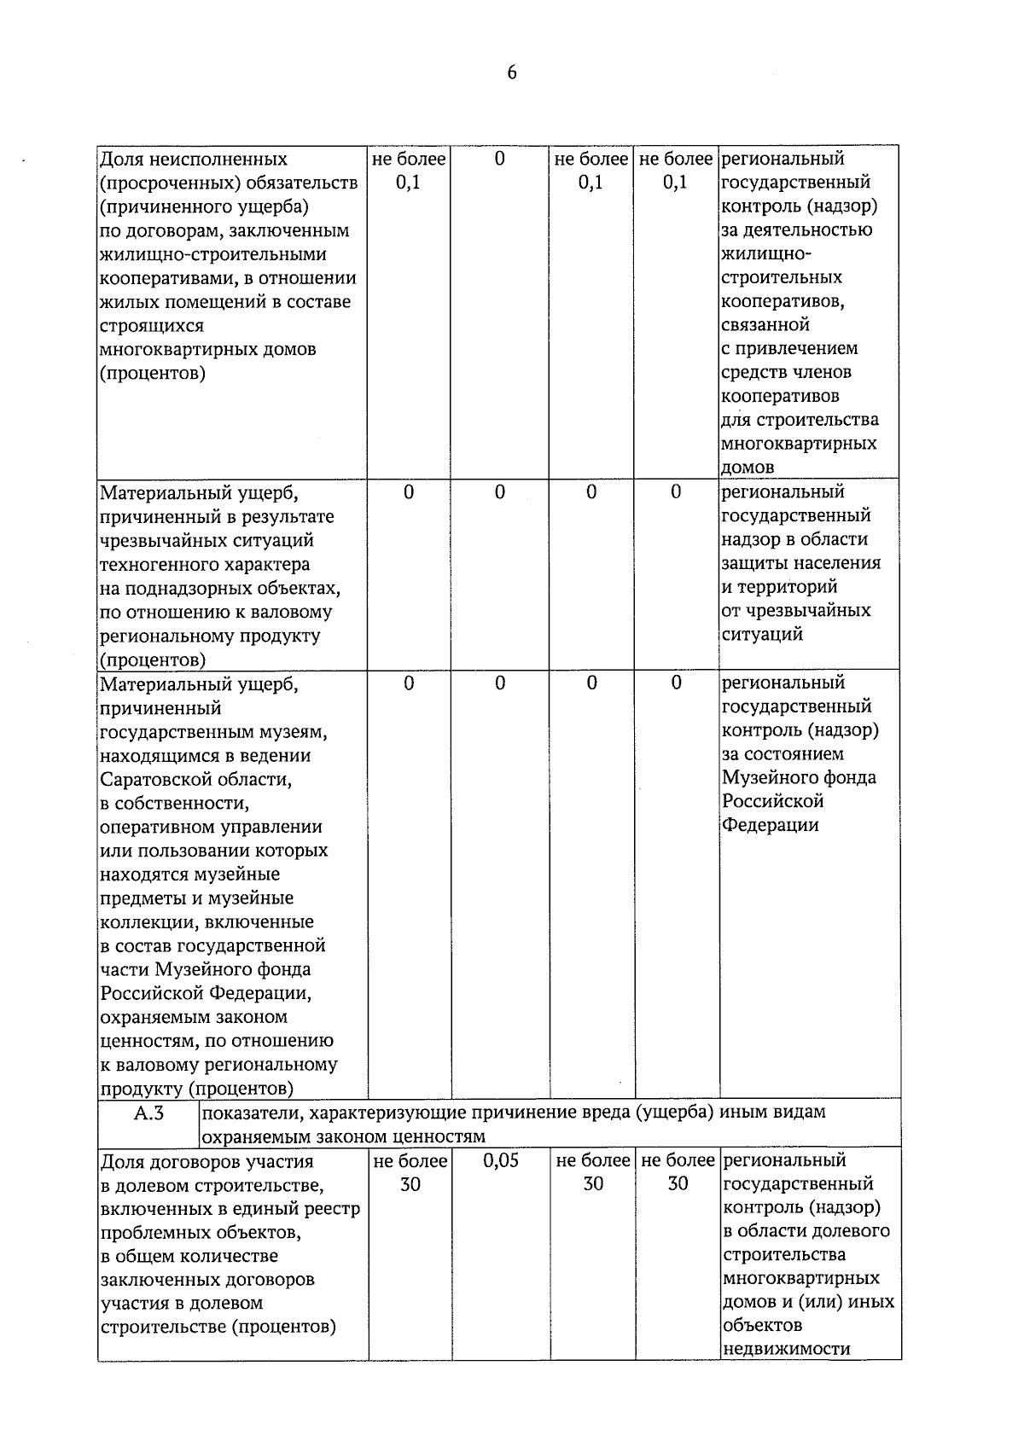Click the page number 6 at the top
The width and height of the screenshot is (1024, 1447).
511,73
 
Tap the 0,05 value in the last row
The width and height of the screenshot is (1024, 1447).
500,1161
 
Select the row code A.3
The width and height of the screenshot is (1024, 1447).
148,1113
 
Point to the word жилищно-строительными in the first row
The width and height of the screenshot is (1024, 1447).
213,254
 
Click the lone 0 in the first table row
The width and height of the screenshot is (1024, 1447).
499,159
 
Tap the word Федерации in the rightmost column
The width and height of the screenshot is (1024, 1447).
770,825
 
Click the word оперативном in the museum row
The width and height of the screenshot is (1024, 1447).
158,827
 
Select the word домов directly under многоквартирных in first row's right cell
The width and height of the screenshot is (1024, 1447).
748,467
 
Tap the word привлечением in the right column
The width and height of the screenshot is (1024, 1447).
800,348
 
